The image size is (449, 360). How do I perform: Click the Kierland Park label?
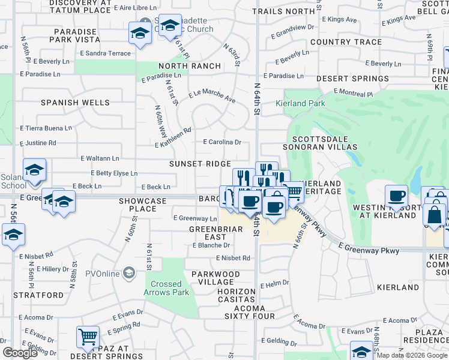(x=300, y=103)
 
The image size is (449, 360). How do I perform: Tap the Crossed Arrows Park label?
(x=166, y=288)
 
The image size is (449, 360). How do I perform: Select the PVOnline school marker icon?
(x=128, y=274)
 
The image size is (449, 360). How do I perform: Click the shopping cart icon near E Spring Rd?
(x=88, y=337)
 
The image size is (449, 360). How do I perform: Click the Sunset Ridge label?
(x=200, y=164)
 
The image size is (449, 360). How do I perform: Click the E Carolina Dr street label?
(x=221, y=142)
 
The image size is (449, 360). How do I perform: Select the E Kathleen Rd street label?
(x=173, y=137)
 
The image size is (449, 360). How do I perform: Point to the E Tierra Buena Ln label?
(x=46, y=128)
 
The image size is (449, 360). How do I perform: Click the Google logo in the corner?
(x=20, y=353)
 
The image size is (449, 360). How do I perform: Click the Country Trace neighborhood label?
(x=346, y=42)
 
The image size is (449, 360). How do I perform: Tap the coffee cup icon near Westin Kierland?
(x=396, y=196)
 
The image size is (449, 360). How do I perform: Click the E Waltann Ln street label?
(x=100, y=158)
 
